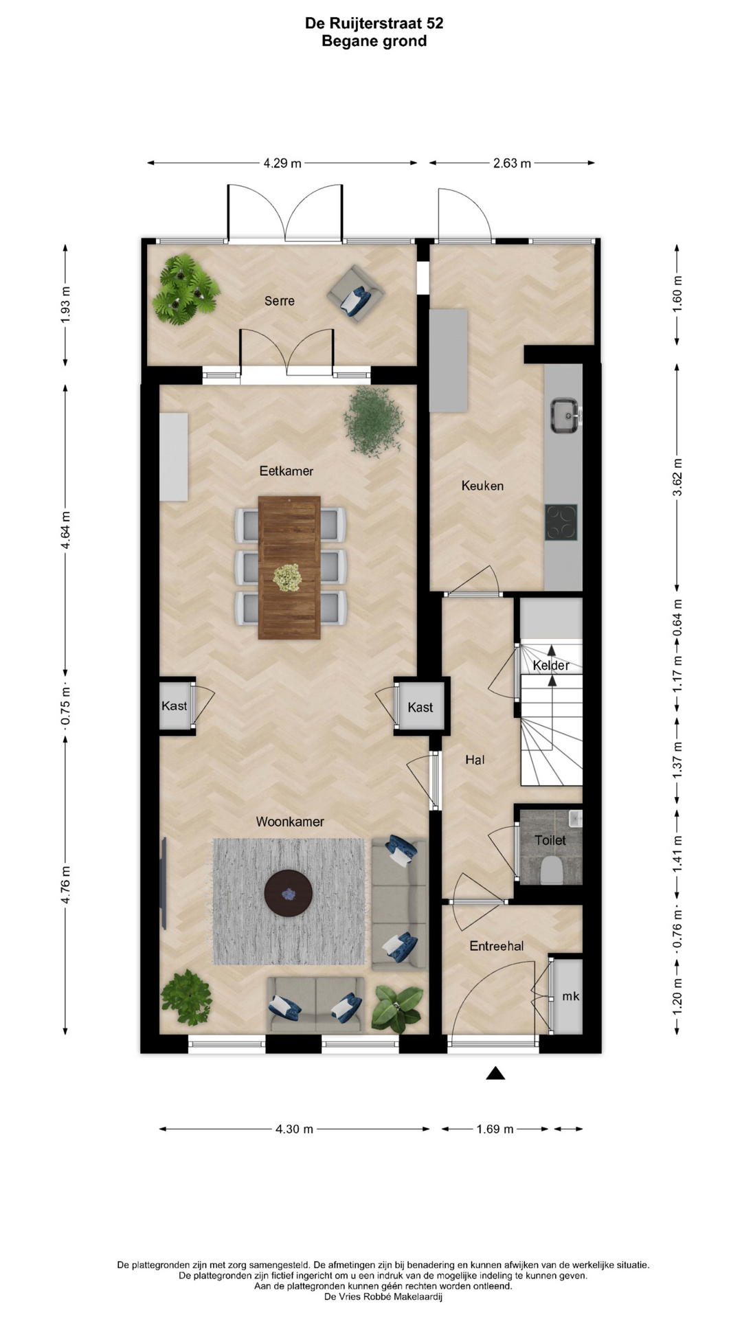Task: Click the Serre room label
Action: coord(280,301)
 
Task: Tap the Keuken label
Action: coord(482,486)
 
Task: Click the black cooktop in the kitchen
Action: coord(561,522)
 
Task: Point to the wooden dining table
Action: coord(289,567)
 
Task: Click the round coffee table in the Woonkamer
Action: coord(289,893)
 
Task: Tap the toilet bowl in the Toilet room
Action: coord(552,870)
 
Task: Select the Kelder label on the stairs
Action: coord(551,665)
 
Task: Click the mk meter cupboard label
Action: coord(570,996)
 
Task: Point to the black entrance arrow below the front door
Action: coord(495,1073)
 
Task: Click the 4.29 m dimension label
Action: coord(282,164)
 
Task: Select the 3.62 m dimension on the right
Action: coord(678,477)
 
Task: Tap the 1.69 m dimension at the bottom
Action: coord(495,1129)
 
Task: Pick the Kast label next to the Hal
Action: coord(420,708)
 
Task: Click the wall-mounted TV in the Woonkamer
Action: coord(164,883)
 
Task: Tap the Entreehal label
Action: coord(497,946)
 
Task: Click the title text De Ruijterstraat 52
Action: coord(374,23)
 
